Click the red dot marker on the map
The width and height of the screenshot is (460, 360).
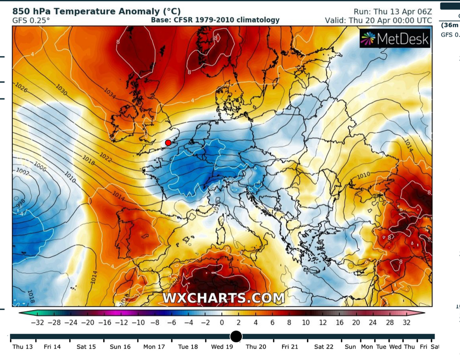coord(168,143)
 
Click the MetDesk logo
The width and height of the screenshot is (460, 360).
coord(395,39)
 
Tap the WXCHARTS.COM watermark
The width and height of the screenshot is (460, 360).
coord(223,298)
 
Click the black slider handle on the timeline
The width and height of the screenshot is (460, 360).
coord(236,337)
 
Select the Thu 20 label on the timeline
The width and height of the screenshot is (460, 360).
coord(256,347)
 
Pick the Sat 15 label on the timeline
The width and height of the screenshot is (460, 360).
coord(86,347)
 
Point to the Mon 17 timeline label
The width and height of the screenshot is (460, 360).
coord(154,347)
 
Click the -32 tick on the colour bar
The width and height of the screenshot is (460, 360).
coord(37,322)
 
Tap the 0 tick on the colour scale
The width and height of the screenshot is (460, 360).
coord(222,322)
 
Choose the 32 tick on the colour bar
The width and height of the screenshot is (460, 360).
coord(406,322)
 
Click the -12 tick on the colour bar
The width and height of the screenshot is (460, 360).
coord(121,322)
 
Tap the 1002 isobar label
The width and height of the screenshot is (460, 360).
coord(22,172)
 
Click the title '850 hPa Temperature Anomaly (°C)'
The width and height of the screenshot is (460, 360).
coord(96,11)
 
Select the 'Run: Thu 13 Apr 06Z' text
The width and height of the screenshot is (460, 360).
coord(392,12)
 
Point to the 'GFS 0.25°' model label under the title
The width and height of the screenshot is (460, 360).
coord(31,21)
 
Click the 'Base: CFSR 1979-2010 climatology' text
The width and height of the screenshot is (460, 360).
coord(215,20)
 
